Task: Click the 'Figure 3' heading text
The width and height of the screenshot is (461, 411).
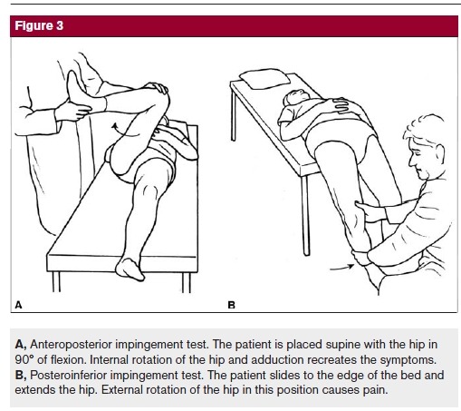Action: coord(39,26)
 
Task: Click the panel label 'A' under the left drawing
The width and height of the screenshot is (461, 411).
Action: coord(18,305)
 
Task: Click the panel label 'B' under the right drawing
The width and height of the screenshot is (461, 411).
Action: coord(231,305)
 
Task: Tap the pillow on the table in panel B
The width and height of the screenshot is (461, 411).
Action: coord(264,79)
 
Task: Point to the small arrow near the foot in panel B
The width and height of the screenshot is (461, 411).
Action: coord(341,268)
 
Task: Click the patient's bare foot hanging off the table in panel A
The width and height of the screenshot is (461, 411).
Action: coord(130,269)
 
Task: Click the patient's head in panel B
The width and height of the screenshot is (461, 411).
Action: coord(295,97)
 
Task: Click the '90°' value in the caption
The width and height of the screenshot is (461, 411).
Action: coord(24,359)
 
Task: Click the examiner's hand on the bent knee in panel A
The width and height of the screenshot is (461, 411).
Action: coord(156,87)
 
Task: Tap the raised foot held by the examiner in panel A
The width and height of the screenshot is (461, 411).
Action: coord(79,91)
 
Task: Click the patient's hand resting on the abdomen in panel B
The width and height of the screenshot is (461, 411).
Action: coord(340,105)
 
